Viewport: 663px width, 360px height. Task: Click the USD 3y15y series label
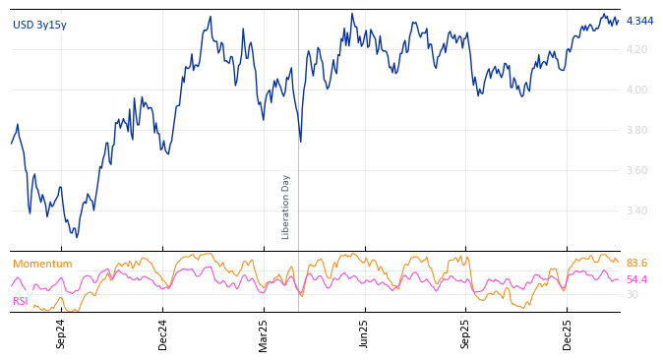click(39, 25)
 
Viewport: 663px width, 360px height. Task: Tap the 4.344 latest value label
click(639, 21)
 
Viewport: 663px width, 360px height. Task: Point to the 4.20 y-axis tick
click(637, 49)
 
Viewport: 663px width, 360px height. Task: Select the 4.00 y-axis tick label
click(637, 90)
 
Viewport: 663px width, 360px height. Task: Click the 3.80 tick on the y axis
click(637, 130)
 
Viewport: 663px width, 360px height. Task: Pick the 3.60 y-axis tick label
click(637, 170)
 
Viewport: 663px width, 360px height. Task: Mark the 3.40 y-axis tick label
click(637, 210)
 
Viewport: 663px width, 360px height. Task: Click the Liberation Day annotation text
click(286, 207)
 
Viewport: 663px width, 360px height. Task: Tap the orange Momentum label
click(42, 264)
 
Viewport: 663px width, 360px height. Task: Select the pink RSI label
click(21, 301)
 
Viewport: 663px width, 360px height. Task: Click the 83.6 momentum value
click(636, 264)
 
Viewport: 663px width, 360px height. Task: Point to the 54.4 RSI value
click(636, 280)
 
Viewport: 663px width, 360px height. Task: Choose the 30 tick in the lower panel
click(632, 294)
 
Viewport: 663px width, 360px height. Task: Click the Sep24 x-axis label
click(61, 333)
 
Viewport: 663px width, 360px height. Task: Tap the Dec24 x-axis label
click(163, 333)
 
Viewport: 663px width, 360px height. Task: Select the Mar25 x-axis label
click(264, 333)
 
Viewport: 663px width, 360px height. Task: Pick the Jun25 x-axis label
click(365, 333)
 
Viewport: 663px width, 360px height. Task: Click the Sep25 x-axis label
click(466, 333)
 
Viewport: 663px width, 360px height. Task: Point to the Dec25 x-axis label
click(568, 333)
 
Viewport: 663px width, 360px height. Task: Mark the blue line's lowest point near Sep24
click(77, 237)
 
